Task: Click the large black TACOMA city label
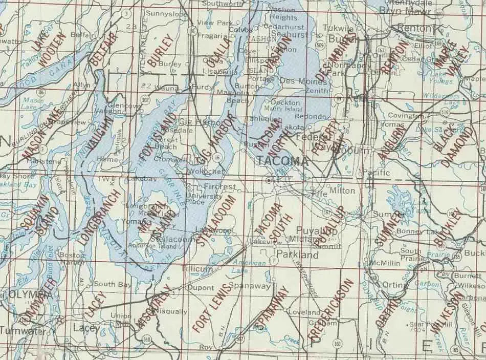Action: pyautogui.click(x=282, y=161)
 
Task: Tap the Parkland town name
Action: pyautogui.click(x=297, y=254)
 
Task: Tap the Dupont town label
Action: pyautogui.click(x=201, y=288)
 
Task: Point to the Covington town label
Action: pyautogui.click(x=406, y=116)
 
